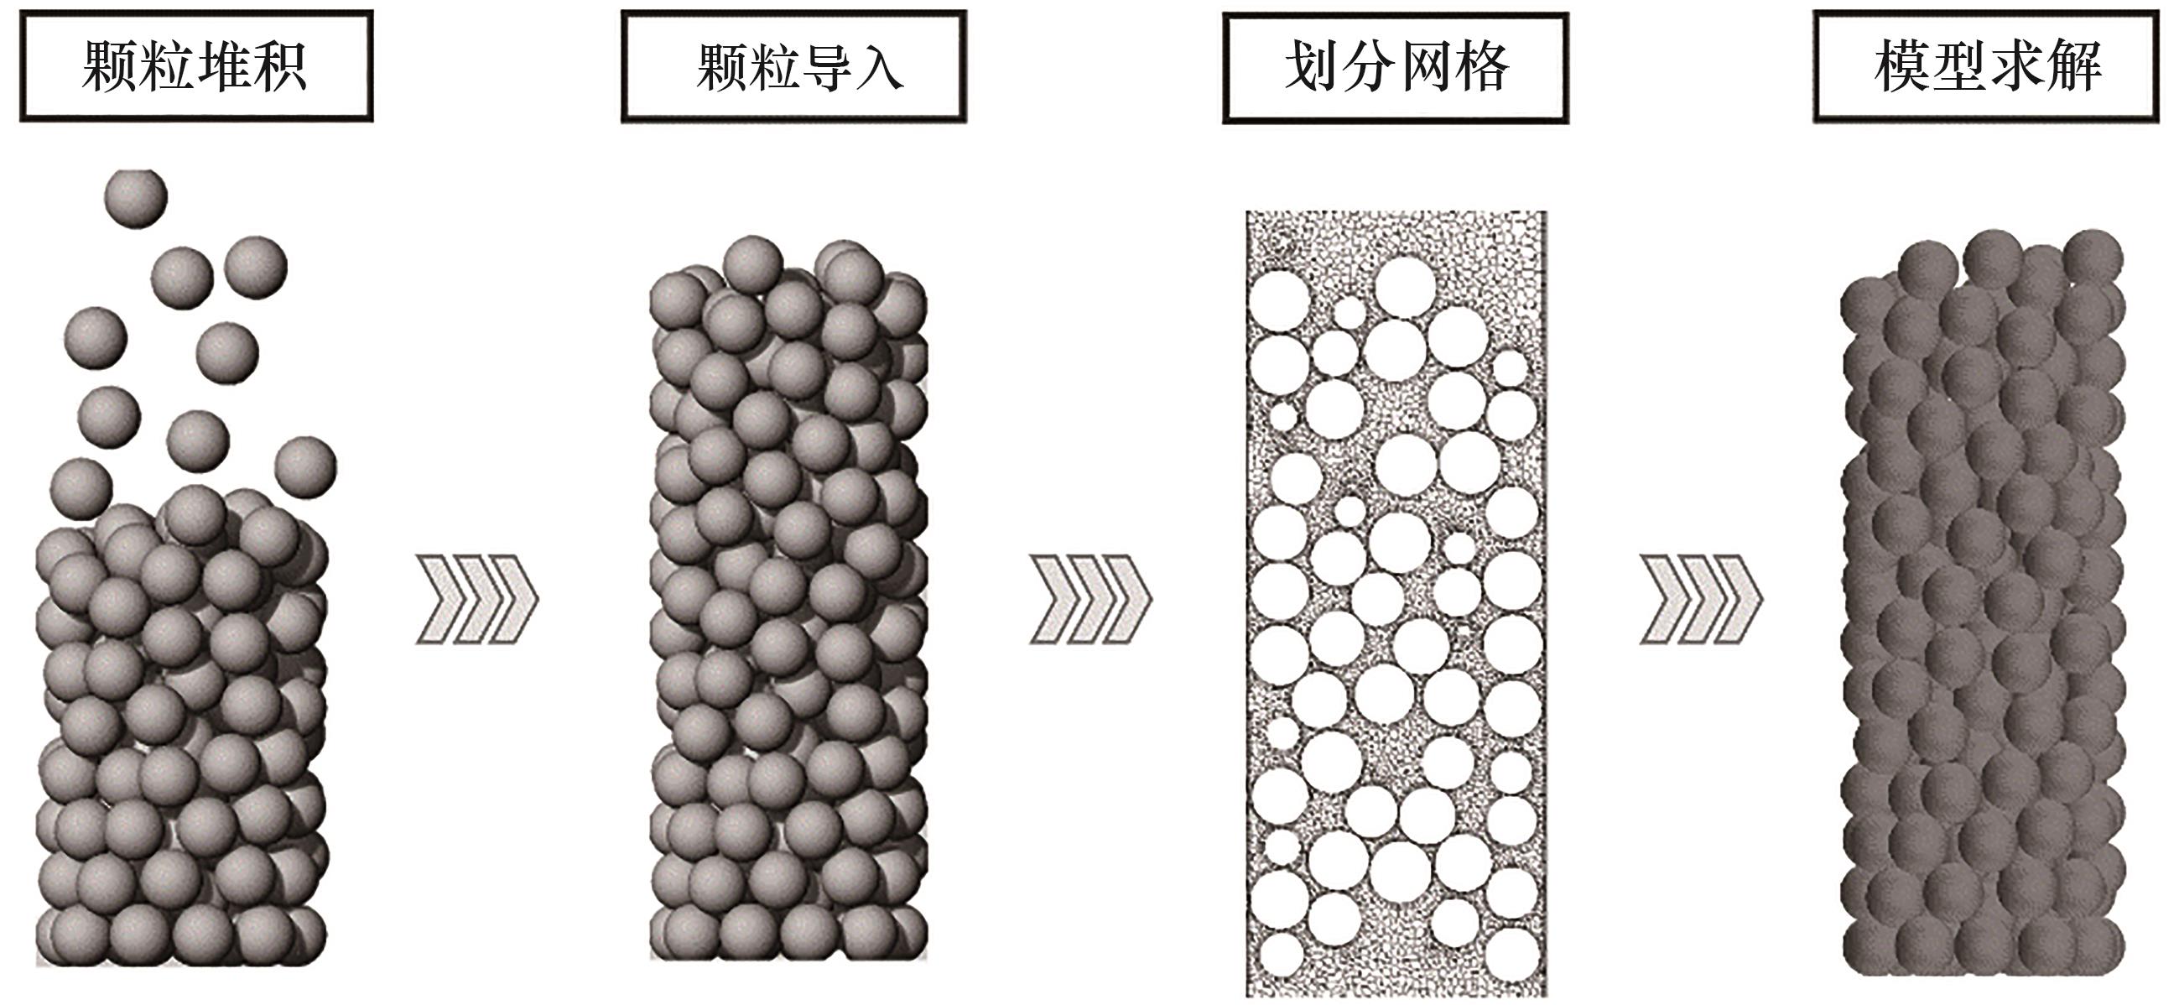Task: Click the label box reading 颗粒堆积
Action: tap(196, 66)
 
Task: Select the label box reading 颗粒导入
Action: tap(793, 66)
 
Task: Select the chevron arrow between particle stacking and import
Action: tap(477, 599)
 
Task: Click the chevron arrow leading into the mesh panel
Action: tap(1090, 599)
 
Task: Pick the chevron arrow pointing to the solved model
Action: tap(1701, 599)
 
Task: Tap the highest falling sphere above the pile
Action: tap(135, 198)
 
